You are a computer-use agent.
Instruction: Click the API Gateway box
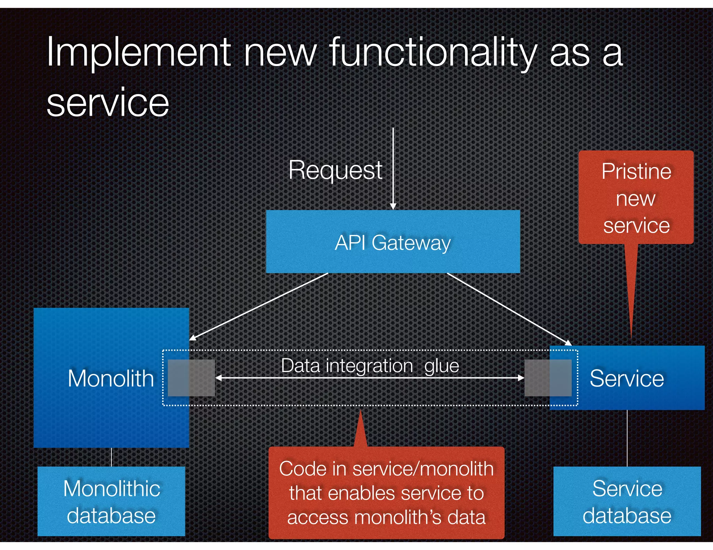tap(393, 242)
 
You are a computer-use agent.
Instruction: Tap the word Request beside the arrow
tap(335, 170)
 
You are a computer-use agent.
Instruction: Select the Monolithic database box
tap(111, 501)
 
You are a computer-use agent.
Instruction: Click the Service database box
tap(627, 501)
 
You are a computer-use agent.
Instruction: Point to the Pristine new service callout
tap(636, 197)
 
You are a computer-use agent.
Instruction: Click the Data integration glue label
tap(370, 366)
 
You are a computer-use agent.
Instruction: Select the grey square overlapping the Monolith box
tap(191, 378)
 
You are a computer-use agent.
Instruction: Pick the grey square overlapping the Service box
tap(548, 378)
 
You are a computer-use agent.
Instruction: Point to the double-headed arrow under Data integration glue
tap(370, 378)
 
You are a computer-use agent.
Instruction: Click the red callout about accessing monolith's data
tap(386, 493)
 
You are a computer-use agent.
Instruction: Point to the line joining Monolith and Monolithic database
tap(111, 457)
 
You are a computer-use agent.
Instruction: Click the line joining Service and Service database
tap(627, 438)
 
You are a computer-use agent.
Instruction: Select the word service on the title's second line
tap(108, 103)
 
